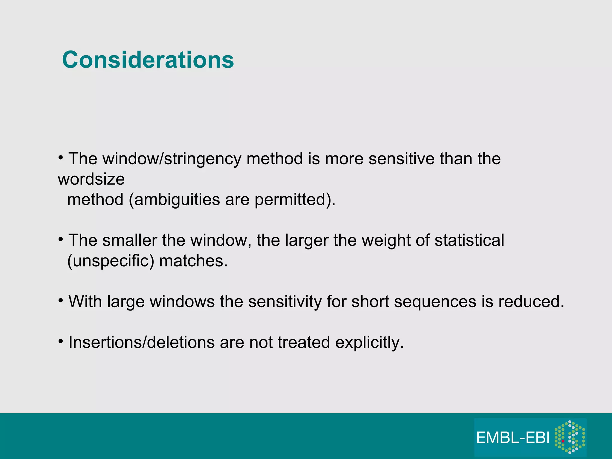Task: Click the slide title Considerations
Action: pos(148,60)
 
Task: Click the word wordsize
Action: pos(91,179)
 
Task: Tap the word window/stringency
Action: pos(172,159)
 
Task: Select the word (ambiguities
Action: pos(174,200)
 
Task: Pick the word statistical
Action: pos(469,240)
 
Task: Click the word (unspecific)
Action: pos(111,261)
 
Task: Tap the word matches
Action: pos(193,261)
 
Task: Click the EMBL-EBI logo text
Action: pos(513,438)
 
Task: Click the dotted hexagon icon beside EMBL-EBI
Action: pos(570,437)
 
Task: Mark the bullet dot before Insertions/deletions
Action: pos(61,341)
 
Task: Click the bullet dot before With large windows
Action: pos(61,300)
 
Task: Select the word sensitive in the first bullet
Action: pos(401,159)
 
